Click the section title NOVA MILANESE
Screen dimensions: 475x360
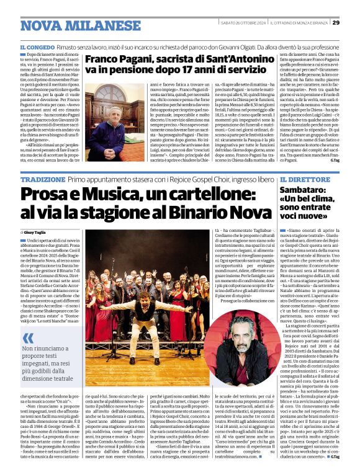pos(66,25)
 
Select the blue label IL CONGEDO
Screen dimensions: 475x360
pos(39,47)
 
